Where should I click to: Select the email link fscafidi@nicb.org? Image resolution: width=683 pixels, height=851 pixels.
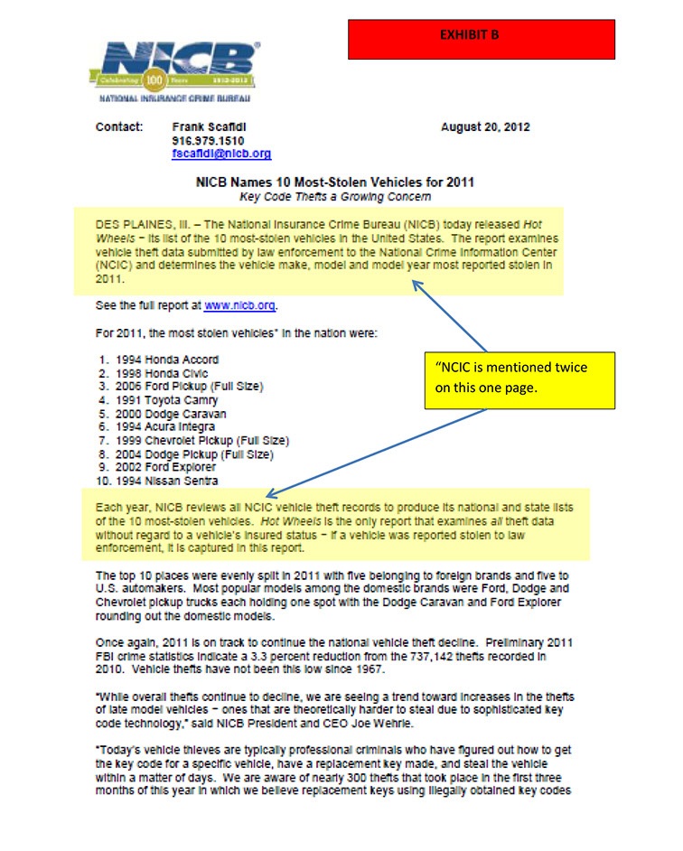pyautogui.click(x=220, y=154)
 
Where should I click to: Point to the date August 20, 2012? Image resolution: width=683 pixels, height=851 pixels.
pyautogui.click(x=485, y=127)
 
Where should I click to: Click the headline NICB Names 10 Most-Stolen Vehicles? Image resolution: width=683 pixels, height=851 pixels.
pyautogui.click(x=335, y=182)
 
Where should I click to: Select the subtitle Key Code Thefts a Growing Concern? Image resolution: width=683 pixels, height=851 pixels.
pyautogui.click(x=334, y=196)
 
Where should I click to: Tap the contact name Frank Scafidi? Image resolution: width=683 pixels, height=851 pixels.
pyautogui.click(x=208, y=127)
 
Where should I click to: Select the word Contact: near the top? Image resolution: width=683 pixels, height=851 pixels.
pyautogui.click(x=119, y=127)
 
